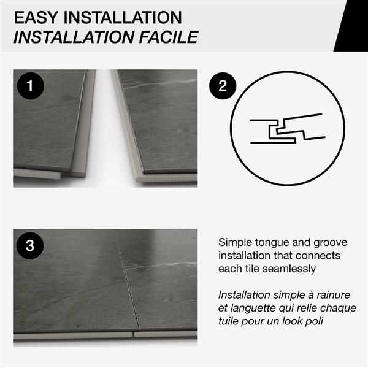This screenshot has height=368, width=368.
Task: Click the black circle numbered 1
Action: coord(29,85)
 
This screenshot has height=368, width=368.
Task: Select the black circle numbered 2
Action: coord(222,85)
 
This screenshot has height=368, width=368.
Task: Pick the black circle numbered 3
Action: coord(29,245)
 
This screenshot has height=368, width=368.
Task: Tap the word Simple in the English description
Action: coord(236,242)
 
